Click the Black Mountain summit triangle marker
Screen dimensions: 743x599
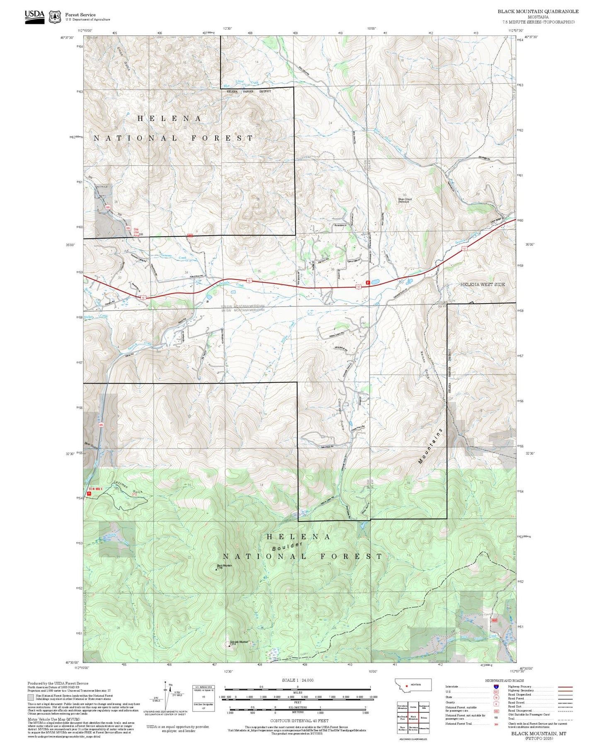click(x=216, y=569)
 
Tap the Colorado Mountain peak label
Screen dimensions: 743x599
click(x=239, y=642)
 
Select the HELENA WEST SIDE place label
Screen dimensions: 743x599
click(x=483, y=285)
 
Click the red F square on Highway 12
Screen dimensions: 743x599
click(x=368, y=282)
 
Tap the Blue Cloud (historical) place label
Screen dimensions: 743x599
click(x=405, y=200)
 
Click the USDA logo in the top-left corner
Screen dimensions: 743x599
click(x=34, y=17)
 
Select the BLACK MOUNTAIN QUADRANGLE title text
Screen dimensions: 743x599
click(x=538, y=11)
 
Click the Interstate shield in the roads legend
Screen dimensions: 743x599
click(x=496, y=687)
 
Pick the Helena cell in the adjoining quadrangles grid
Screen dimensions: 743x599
click(x=424, y=717)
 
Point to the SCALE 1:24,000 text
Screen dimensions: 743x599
click(x=297, y=680)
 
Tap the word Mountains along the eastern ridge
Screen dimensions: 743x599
click(x=431, y=446)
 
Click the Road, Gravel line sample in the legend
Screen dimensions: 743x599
click(x=565, y=703)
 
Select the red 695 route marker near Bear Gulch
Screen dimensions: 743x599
click(x=101, y=425)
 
